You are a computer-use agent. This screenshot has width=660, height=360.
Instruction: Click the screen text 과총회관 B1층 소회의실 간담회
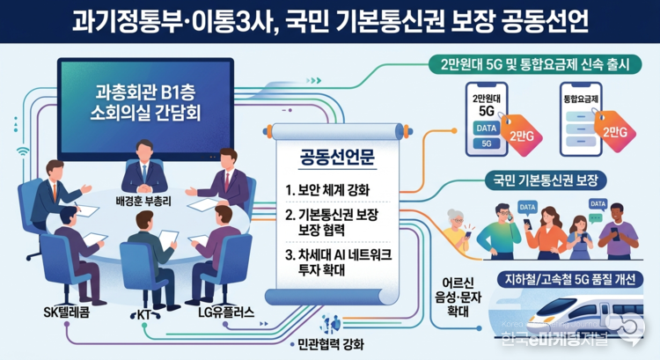pyautogui.click(x=145, y=104)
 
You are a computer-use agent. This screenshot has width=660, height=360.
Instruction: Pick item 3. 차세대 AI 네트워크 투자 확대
pyautogui.click(x=336, y=262)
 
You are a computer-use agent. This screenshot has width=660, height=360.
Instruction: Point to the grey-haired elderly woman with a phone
pyautogui.click(x=460, y=229)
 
